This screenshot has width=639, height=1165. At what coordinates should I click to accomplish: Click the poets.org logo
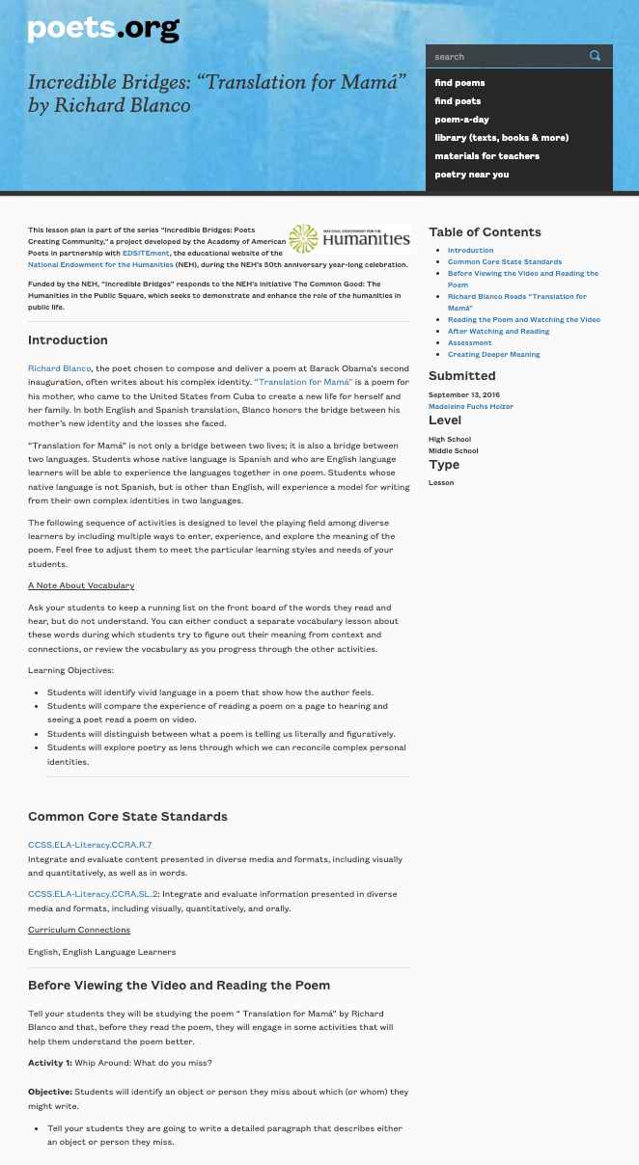coord(103,29)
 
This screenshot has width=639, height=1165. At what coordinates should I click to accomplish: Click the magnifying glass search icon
coord(596,56)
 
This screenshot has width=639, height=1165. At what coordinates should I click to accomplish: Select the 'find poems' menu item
coord(459,83)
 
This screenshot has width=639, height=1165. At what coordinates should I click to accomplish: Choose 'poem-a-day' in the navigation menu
coord(461,120)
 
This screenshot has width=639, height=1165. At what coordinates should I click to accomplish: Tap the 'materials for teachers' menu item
coord(486,156)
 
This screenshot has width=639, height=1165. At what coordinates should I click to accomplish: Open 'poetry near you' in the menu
coord(471,175)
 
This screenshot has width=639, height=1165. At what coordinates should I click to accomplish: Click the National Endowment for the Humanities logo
coord(348,238)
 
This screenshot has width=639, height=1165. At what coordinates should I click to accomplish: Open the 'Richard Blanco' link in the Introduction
coord(59,368)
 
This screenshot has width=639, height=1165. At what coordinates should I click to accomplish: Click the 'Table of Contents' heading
coord(485,232)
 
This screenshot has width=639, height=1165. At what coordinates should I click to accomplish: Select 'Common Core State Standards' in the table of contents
coord(504,261)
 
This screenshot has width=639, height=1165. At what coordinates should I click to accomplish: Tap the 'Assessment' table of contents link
coord(469,342)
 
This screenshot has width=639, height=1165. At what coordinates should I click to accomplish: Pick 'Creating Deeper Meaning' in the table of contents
coord(493,354)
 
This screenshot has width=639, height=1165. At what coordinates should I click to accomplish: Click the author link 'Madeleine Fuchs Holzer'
coord(471,406)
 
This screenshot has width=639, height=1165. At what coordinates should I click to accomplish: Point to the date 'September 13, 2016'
coord(463,394)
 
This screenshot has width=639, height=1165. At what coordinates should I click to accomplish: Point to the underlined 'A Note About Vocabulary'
coord(81,585)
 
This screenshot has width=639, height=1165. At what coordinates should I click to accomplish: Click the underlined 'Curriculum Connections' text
coord(79,930)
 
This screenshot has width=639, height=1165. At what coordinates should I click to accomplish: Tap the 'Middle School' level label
coord(453,450)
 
